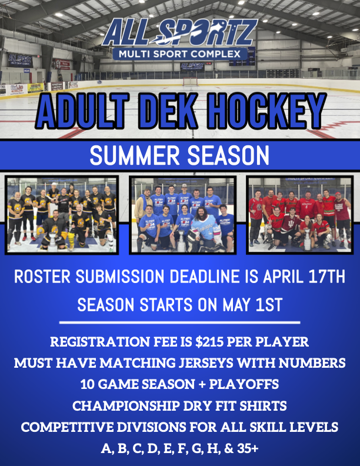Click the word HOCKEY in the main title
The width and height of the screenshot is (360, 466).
click(x=265, y=111)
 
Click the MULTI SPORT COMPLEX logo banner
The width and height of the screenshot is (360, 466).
click(x=179, y=54)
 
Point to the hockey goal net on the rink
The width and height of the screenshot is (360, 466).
click(x=190, y=81)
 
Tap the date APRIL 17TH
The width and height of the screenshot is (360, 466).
click(x=304, y=277)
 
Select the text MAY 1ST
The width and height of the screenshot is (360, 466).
click(x=252, y=305)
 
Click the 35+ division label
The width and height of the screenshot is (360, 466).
click(x=248, y=448)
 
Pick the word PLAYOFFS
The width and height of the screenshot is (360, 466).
click(x=244, y=384)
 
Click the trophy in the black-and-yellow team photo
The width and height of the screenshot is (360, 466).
click(x=52, y=239)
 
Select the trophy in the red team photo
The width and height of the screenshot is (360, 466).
click(x=306, y=239)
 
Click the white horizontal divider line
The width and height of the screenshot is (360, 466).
click(x=179, y=322)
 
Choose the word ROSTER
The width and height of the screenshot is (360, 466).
click(x=42, y=277)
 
